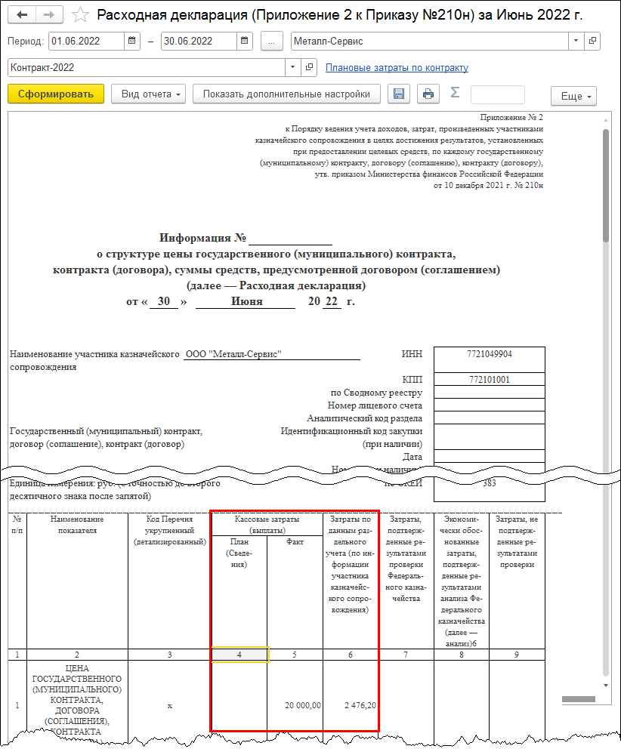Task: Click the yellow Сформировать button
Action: click(55, 94)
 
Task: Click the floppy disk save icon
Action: click(399, 94)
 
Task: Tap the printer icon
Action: click(428, 94)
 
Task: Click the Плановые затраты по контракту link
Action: click(397, 68)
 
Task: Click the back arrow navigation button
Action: click(23, 15)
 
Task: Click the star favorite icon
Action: click(79, 15)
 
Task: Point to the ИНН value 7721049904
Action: click(490, 354)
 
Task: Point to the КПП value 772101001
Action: click(490, 380)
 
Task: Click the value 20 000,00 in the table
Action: click(303, 705)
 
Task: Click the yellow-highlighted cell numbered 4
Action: click(239, 655)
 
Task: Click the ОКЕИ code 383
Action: click(490, 483)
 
